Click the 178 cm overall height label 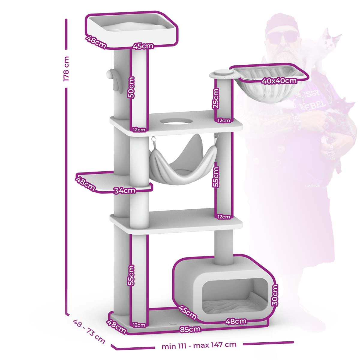click(66, 69)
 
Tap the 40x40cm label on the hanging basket click(279, 81)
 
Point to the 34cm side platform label click(124, 191)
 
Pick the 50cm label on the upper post click(131, 87)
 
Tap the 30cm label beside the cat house click(275, 295)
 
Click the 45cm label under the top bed click(143, 46)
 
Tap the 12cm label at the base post click(139, 325)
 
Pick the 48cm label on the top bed click(96, 42)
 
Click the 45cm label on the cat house click(187, 313)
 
